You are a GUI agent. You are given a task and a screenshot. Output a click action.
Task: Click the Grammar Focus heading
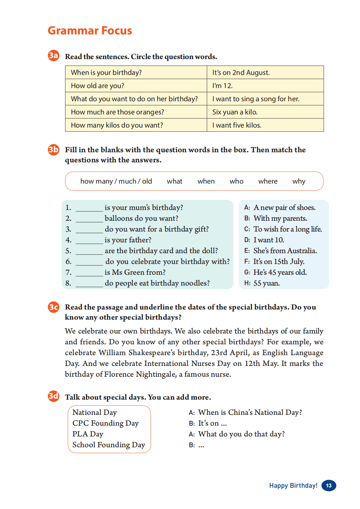click(90, 31)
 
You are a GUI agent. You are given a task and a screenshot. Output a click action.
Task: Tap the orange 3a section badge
click(53, 55)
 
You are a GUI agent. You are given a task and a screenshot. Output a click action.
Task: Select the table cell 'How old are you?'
click(98, 86)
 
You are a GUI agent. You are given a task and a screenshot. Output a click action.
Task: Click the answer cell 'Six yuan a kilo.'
click(235, 112)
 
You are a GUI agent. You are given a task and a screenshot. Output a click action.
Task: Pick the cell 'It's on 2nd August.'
click(241, 73)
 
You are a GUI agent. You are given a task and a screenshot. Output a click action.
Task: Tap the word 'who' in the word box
click(236, 181)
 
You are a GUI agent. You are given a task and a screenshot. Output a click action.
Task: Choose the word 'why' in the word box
click(299, 181)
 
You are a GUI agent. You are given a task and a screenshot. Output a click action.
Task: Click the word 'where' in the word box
click(268, 181)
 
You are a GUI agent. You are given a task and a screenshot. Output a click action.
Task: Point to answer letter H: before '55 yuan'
click(247, 284)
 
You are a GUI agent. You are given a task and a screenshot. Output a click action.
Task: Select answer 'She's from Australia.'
click(285, 251)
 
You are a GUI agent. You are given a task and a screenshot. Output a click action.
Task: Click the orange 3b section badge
click(53, 149)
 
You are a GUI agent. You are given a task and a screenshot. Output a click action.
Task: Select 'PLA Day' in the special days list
click(88, 434)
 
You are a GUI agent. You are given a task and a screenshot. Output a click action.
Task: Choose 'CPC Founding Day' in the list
click(105, 423)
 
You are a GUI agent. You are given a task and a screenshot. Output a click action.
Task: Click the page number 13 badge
click(329, 485)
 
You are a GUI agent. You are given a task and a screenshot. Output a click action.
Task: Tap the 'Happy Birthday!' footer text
click(293, 485)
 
